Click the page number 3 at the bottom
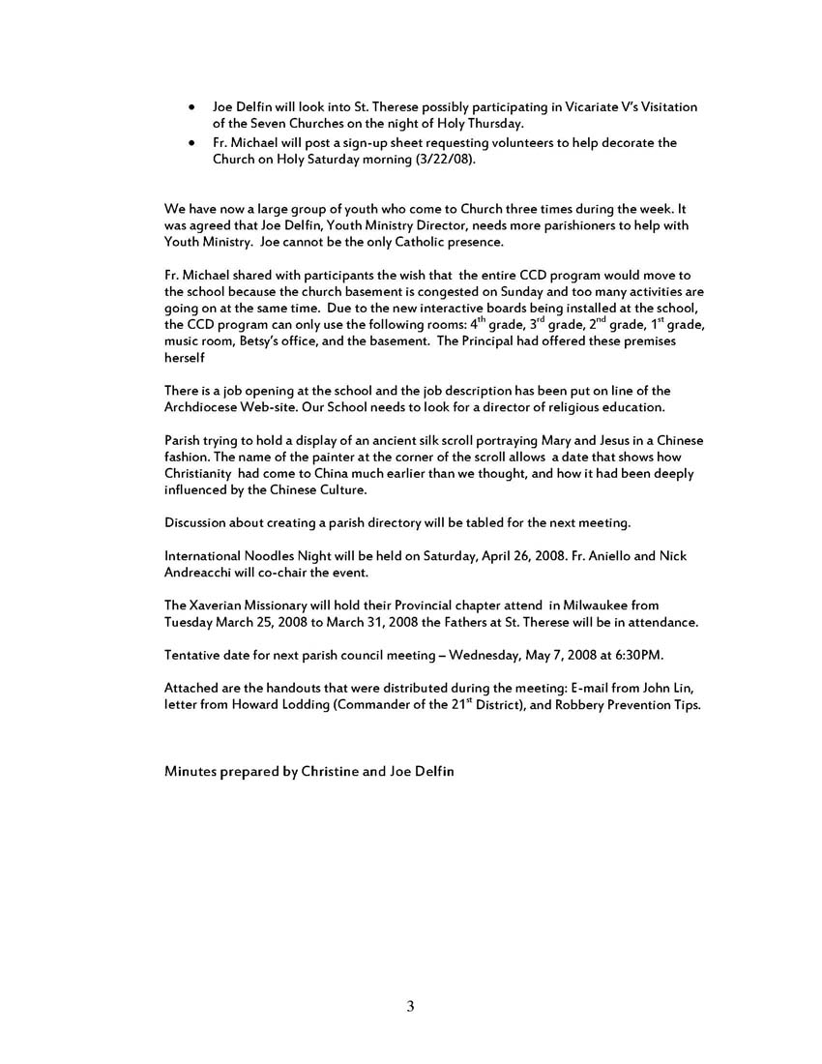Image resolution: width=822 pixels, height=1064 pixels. (410, 1007)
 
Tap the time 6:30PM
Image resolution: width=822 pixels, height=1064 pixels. (636, 655)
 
